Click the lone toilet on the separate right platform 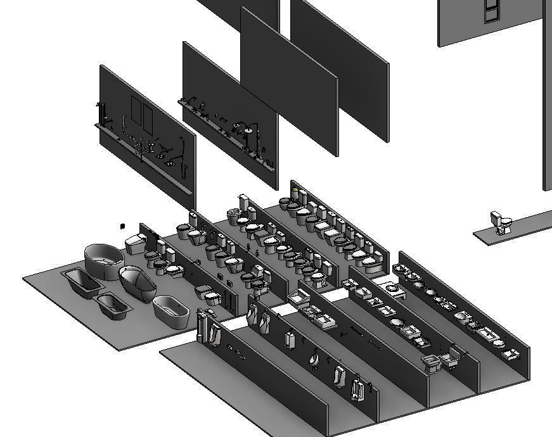(x=502, y=222)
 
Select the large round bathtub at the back (x=104, y=260)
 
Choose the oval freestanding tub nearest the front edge (x=171, y=311)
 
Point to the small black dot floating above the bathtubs (x=123, y=225)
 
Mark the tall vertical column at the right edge (x=546, y=95)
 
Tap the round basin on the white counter (x=393, y=286)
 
